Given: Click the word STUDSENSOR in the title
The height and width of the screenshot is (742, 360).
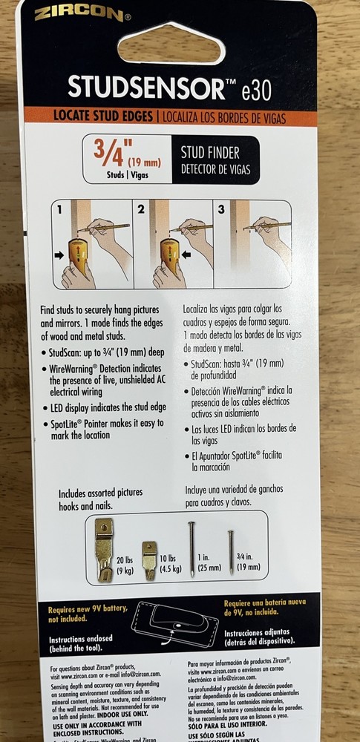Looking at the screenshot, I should (x=145, y=87).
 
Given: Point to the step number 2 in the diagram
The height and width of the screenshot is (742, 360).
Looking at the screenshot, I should (x=141, y=210).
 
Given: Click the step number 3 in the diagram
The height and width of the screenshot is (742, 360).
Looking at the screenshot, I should (x=221, y=210).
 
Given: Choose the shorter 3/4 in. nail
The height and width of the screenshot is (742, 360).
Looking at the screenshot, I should (x=232, y=550).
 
